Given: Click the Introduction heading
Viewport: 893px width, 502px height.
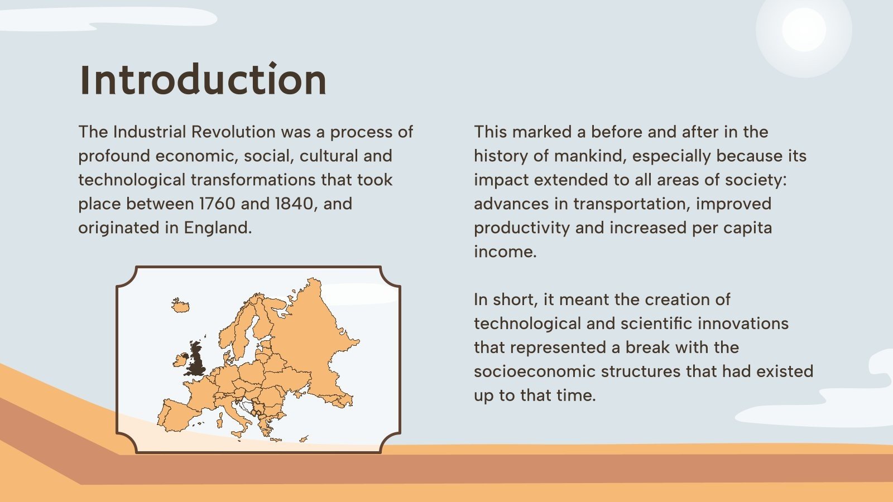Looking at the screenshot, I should [x=203, y=80].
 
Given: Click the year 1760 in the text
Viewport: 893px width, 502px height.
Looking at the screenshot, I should [x=217, y=204].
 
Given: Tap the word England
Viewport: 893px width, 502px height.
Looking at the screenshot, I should [x=218, y=228].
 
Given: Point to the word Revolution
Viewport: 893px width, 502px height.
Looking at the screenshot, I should [x=233, y=132].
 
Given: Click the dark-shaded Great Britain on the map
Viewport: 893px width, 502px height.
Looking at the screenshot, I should [x=196, y=360].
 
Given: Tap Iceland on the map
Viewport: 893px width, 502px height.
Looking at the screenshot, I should [x=180, y=305].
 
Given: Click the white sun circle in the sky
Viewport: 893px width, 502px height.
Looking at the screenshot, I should [x=804, y=30].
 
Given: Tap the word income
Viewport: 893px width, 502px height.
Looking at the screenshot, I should [x=505, y=252].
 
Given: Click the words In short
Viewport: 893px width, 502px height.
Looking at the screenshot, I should [x=506, y=300].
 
